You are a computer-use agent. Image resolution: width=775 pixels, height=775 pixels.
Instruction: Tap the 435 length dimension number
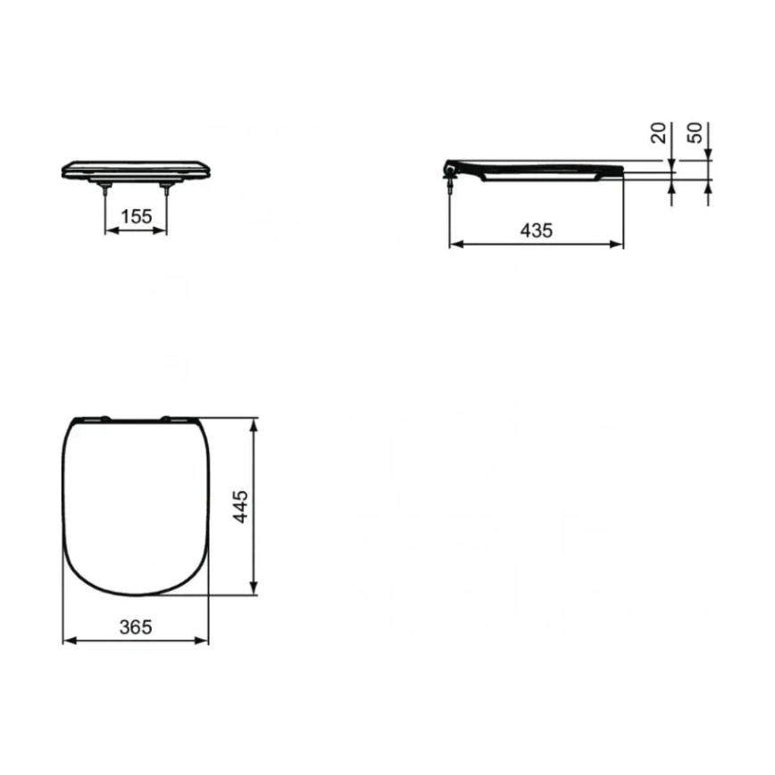[x=536, y=229]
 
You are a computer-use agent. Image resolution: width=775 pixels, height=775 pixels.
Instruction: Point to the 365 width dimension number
[x=136, y=627]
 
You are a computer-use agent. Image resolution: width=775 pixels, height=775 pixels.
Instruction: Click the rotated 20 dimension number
[x=659, y=135]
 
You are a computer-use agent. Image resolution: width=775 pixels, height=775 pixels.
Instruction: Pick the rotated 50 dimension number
[x=696, y=135]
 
